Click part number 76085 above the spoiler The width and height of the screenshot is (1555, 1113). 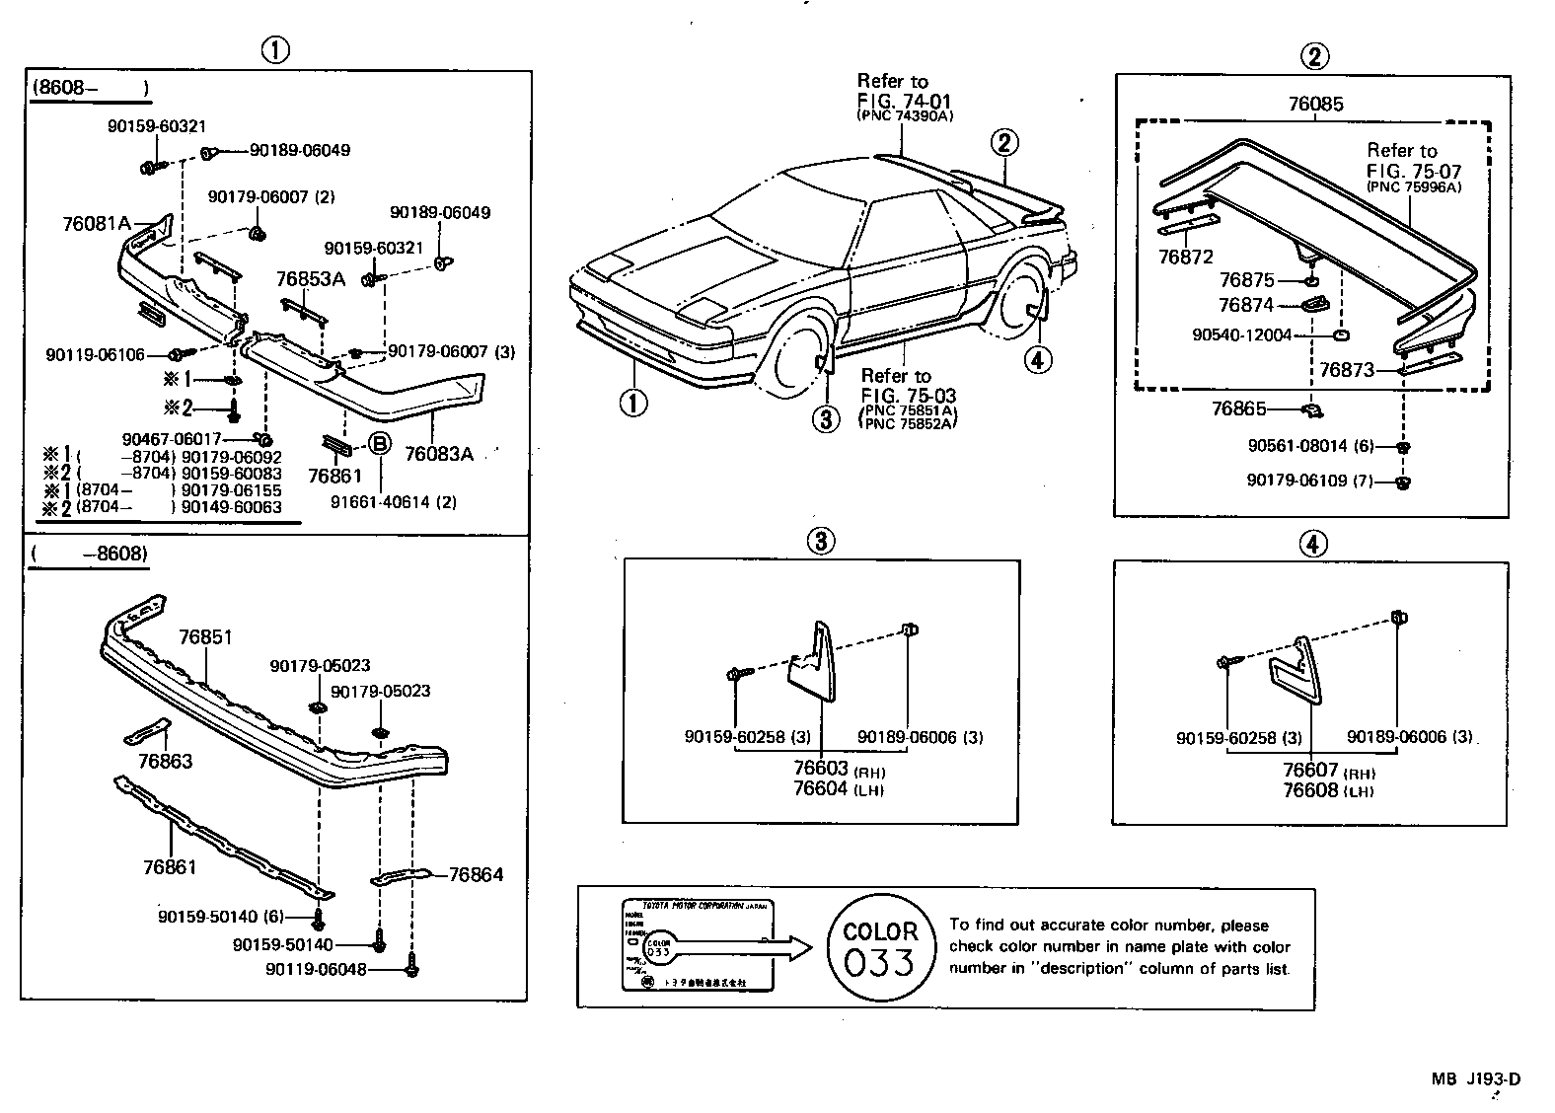(1315, 105)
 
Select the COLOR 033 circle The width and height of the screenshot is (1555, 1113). (880, 947)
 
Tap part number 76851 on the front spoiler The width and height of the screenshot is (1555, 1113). (205, 637)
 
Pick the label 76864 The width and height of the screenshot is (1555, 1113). (476, 874)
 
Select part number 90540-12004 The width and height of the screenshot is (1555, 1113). (1241, 335)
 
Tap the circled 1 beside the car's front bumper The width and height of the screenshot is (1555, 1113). (633, 402)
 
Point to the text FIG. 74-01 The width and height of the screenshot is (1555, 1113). (905, 100)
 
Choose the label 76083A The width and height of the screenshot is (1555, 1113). (439, 454)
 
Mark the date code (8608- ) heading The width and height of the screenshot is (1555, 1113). (91, 88)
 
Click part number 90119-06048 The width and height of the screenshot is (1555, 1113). (316, 970)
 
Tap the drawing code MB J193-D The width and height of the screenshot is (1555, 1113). (1476, 1078)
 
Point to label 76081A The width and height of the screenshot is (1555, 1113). (96, 224)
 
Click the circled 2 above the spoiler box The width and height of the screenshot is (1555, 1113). (1314, 57)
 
